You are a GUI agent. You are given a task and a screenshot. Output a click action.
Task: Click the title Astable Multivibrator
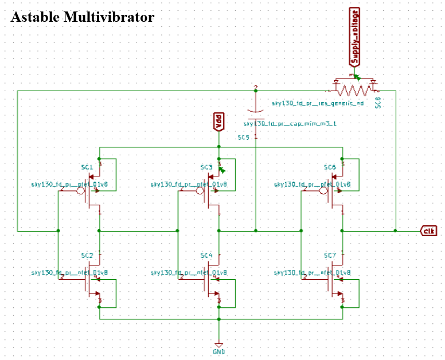point(82,17)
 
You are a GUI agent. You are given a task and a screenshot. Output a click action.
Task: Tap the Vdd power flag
point(218,120)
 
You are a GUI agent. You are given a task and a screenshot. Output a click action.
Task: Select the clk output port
point(429,230)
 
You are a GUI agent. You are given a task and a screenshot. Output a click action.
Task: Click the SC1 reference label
point(87,167)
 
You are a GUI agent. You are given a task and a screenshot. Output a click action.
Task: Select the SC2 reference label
point(87,255)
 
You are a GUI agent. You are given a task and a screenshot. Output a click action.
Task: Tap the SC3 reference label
point(206,167)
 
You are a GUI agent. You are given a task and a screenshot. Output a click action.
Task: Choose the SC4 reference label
point(206,255)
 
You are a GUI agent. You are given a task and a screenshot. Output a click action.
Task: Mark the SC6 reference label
point(330,167)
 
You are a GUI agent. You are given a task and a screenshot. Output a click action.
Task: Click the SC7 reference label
point(330,255)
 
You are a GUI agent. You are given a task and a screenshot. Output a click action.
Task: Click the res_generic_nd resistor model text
point(318,104)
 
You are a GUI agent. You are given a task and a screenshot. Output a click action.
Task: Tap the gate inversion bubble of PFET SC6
point(323,191)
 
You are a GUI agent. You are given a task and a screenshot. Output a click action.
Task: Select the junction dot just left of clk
point(395,230)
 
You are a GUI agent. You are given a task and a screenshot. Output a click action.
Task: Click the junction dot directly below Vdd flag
point(218,147)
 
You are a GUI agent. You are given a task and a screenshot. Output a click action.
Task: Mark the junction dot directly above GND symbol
point(218,319)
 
